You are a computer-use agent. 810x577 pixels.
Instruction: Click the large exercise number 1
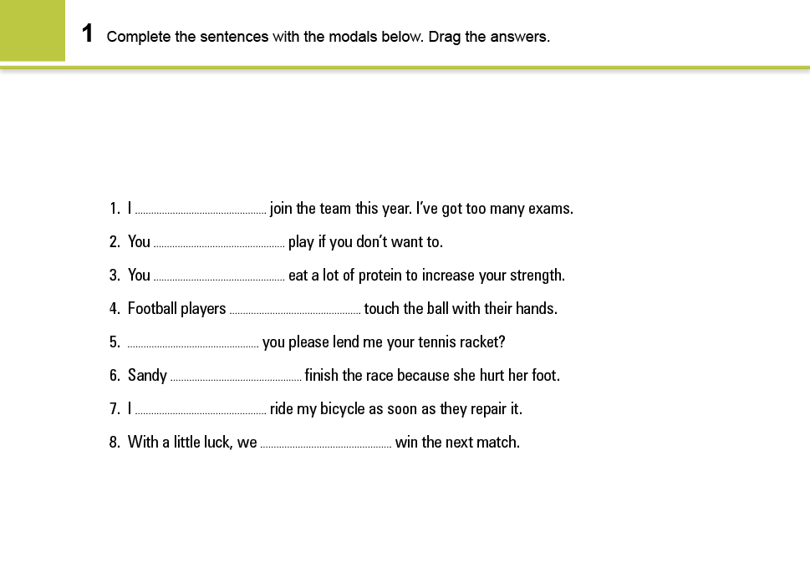click(87, 34)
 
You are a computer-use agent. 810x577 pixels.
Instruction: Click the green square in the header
click(32, 30)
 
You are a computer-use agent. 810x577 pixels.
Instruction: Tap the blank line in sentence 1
click(201, 212)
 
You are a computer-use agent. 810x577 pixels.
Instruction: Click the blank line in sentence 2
click(219, 245)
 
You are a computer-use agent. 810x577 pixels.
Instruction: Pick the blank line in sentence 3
click(219, 279)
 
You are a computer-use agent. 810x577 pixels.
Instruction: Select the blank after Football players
click(294, 312)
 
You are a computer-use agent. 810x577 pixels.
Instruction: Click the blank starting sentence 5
click(193, 346)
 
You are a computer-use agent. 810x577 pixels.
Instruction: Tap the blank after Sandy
click(236, 379)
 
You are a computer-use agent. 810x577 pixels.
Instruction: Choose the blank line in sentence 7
click(201, 413)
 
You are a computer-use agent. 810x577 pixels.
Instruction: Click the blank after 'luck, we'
click(326, 446)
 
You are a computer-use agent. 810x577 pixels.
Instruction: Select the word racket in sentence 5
click(479, 342)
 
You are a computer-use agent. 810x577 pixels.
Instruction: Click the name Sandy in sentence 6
click(147, 376)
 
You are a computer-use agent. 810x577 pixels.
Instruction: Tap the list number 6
click(115, 376)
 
